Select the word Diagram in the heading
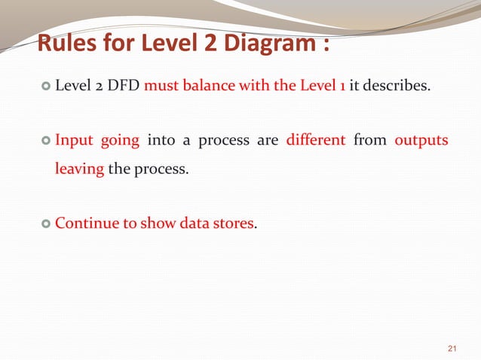coord(264,45)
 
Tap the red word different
coord(316,141)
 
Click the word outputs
coord(421,141)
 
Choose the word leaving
coord(79,169)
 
